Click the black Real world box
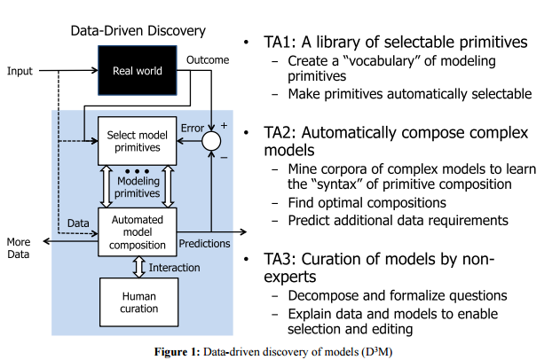pyautogui.click(x=137, y=70)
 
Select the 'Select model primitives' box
pyautogui.click(x=138, y=141)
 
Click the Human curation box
pyautogui.click(x=137, y=301)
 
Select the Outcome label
pyautogui.click(x=208, y=60)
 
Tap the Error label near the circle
pyautogui.click(x=193, y=129)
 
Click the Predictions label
pyautogui.click(x=205, y=243)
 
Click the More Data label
pyautogui.click(x=18, y=247)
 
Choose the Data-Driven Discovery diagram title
pyautogui.click(x=138, y=31)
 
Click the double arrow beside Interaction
pyautogui.click(x=138, y=267)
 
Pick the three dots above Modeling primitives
pyautogui.click(x=137, y=169)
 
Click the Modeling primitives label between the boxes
pyautogui.click(x=138, y=187)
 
